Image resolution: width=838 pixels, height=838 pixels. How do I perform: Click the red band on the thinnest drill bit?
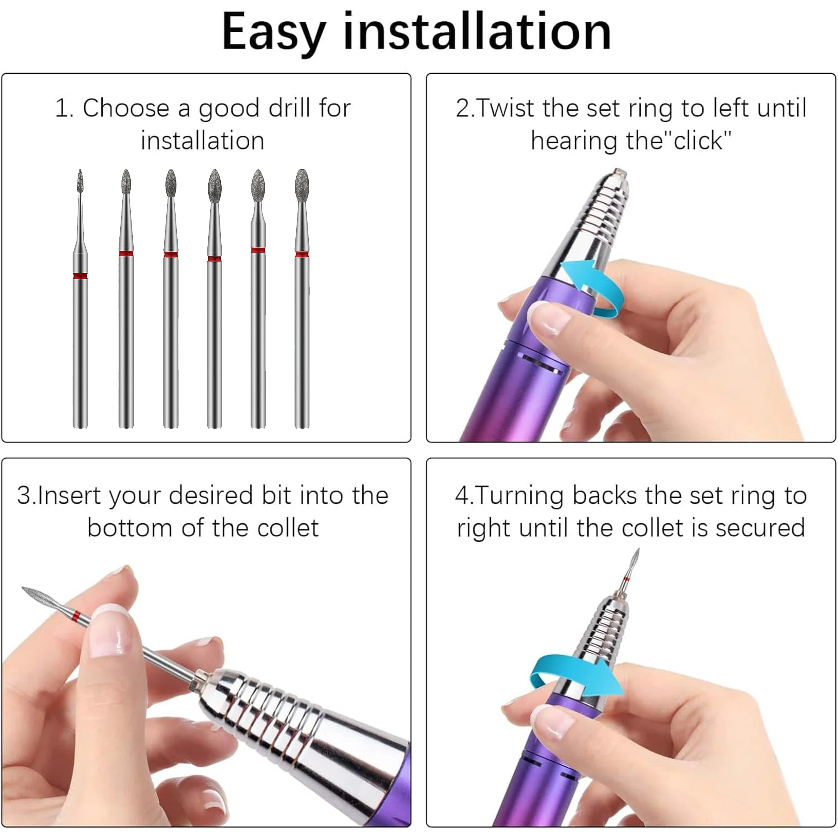[80, 276]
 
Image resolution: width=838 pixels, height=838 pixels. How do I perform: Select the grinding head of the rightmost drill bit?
[302, 185]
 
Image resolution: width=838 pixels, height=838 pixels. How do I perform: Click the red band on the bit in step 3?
[77, 616]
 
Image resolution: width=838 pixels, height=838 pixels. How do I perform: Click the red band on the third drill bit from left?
[171, 255]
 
